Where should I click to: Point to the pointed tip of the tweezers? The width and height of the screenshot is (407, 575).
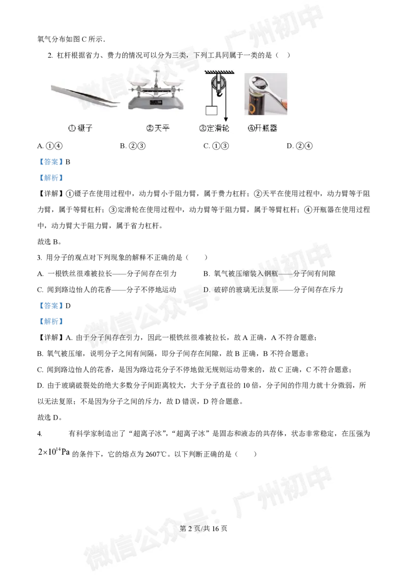118,105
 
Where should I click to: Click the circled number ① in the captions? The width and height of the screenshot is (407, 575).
72,128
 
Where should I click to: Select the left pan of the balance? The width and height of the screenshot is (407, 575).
140,83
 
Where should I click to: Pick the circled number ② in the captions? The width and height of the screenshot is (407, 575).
150,128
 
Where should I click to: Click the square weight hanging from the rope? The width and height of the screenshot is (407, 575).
211,110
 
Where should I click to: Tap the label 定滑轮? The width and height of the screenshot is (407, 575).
218,128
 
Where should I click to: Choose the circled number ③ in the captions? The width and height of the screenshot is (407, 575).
202,128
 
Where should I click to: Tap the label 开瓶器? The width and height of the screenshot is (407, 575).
267,128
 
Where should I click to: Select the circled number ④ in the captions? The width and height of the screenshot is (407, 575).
251,128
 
